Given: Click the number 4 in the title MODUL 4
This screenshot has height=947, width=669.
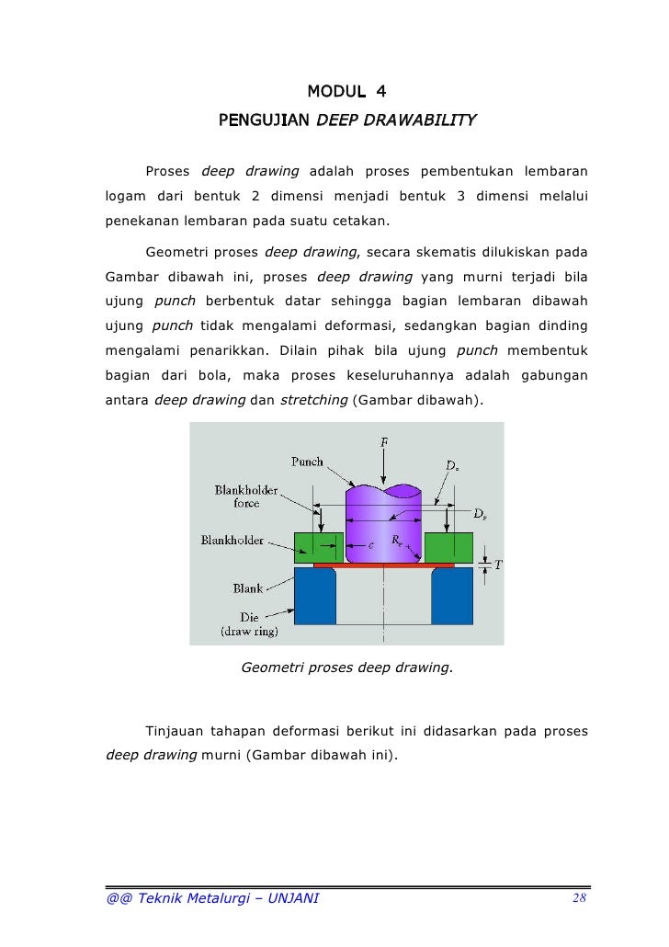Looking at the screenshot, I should (x=381, y=91).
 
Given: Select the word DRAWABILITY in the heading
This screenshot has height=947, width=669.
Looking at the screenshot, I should (x=427, y=120).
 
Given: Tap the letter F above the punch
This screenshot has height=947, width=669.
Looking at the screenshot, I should (x=383, y=443).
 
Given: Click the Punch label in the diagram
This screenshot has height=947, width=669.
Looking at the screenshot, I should (x=307, y=462).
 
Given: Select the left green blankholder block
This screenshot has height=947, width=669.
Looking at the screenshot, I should (x=318, y=547).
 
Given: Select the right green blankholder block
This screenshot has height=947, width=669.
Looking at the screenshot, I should (x=449, y=547).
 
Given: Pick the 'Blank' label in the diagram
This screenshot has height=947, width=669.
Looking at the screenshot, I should (x=248, y=588).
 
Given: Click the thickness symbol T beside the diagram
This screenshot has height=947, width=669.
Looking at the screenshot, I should (x=499, y=565).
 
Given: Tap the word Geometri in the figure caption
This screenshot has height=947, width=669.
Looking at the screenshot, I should (x=269, y=668).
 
